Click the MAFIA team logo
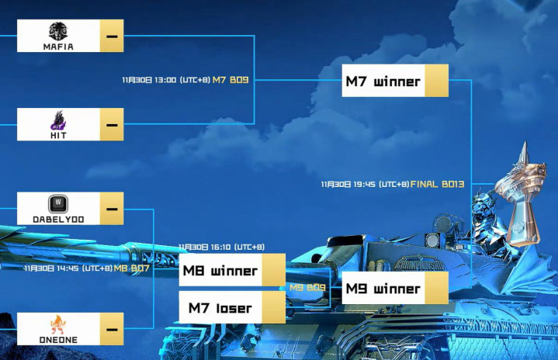[x=58, y=31]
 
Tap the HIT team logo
[x=58, y=119]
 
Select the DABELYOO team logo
[x=58, y=203]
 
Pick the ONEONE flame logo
[x=58, y=324]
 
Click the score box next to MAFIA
[x=112, y=36]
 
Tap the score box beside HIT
[x=112, y=124]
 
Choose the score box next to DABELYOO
[x=112, y=208]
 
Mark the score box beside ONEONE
[x=112, y=329]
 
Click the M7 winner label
[x=383, y=81]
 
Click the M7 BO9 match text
[x=230, y=79]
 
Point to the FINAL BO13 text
[x=437, y=184]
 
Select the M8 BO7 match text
[x=131, y=268]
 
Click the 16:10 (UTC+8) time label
[x=222, y=247]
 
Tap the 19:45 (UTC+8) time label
[x=365, y=184]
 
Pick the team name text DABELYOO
[x=58, y=220]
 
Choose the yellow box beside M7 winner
[x=436, y=81]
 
